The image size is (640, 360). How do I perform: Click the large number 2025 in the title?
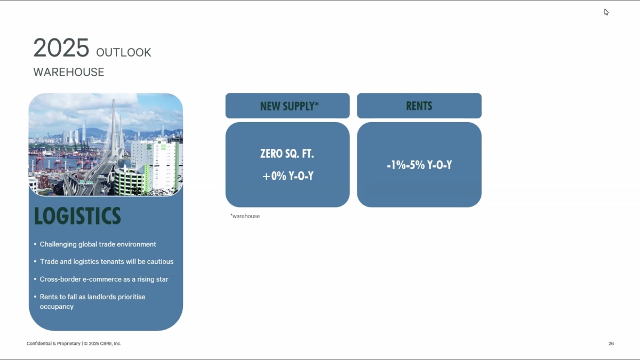[61, 47]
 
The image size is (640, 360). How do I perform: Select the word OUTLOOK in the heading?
[124, 53]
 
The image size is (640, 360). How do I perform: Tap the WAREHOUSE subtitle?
[69, 72]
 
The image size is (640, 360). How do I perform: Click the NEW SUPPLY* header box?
[287, 106]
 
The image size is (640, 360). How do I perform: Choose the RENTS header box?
[419, 106]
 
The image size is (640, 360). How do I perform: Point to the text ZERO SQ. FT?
[287, 154]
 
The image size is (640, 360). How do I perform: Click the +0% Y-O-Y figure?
[287, 176]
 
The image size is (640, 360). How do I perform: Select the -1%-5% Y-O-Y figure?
[419, 165]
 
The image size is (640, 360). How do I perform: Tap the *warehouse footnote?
[245, 217]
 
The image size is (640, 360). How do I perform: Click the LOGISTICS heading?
[77, 215]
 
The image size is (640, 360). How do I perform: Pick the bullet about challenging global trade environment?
[98, 244]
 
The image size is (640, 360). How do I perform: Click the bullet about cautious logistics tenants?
[107, 262]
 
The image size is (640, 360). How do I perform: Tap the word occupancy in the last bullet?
[57, 307]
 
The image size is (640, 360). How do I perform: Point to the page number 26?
[611, 343]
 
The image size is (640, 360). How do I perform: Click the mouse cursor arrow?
[606, 12]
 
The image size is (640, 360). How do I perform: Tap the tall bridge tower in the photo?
[114, 129]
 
